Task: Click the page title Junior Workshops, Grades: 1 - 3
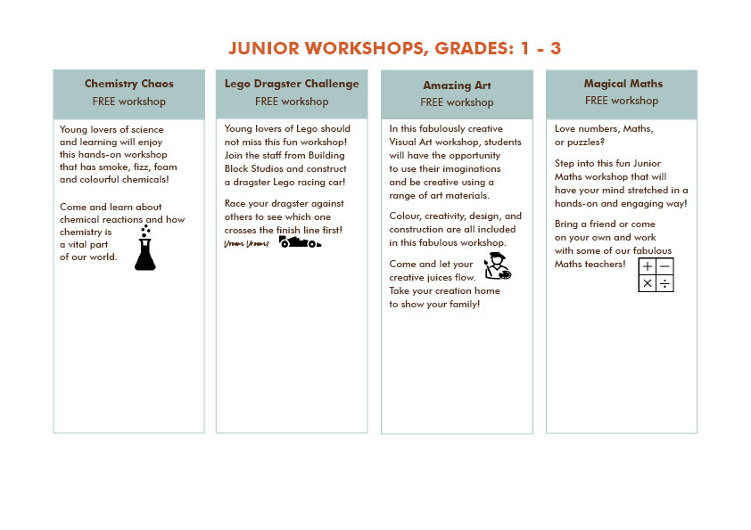(x=394, y=48)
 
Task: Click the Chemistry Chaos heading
(x=129, y=84)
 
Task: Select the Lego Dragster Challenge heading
(x=292, y=84)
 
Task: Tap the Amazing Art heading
(x=457, y=86)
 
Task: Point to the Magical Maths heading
(x=622, y=84)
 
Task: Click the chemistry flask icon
(x=144, y=249)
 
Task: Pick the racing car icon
(x=300, y=241)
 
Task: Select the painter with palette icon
(x=497, y=266)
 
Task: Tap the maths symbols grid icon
(x=656, y=275)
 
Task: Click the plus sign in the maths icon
(x=648, y=266)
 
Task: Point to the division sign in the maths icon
(x=665, y=284)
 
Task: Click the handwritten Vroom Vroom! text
(x=245, y=243)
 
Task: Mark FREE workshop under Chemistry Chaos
(x=129, y=102)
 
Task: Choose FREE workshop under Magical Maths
(x=622, y=101)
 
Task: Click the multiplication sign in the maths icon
(x=648, y=284)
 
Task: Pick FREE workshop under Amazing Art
(x=457, y=102)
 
